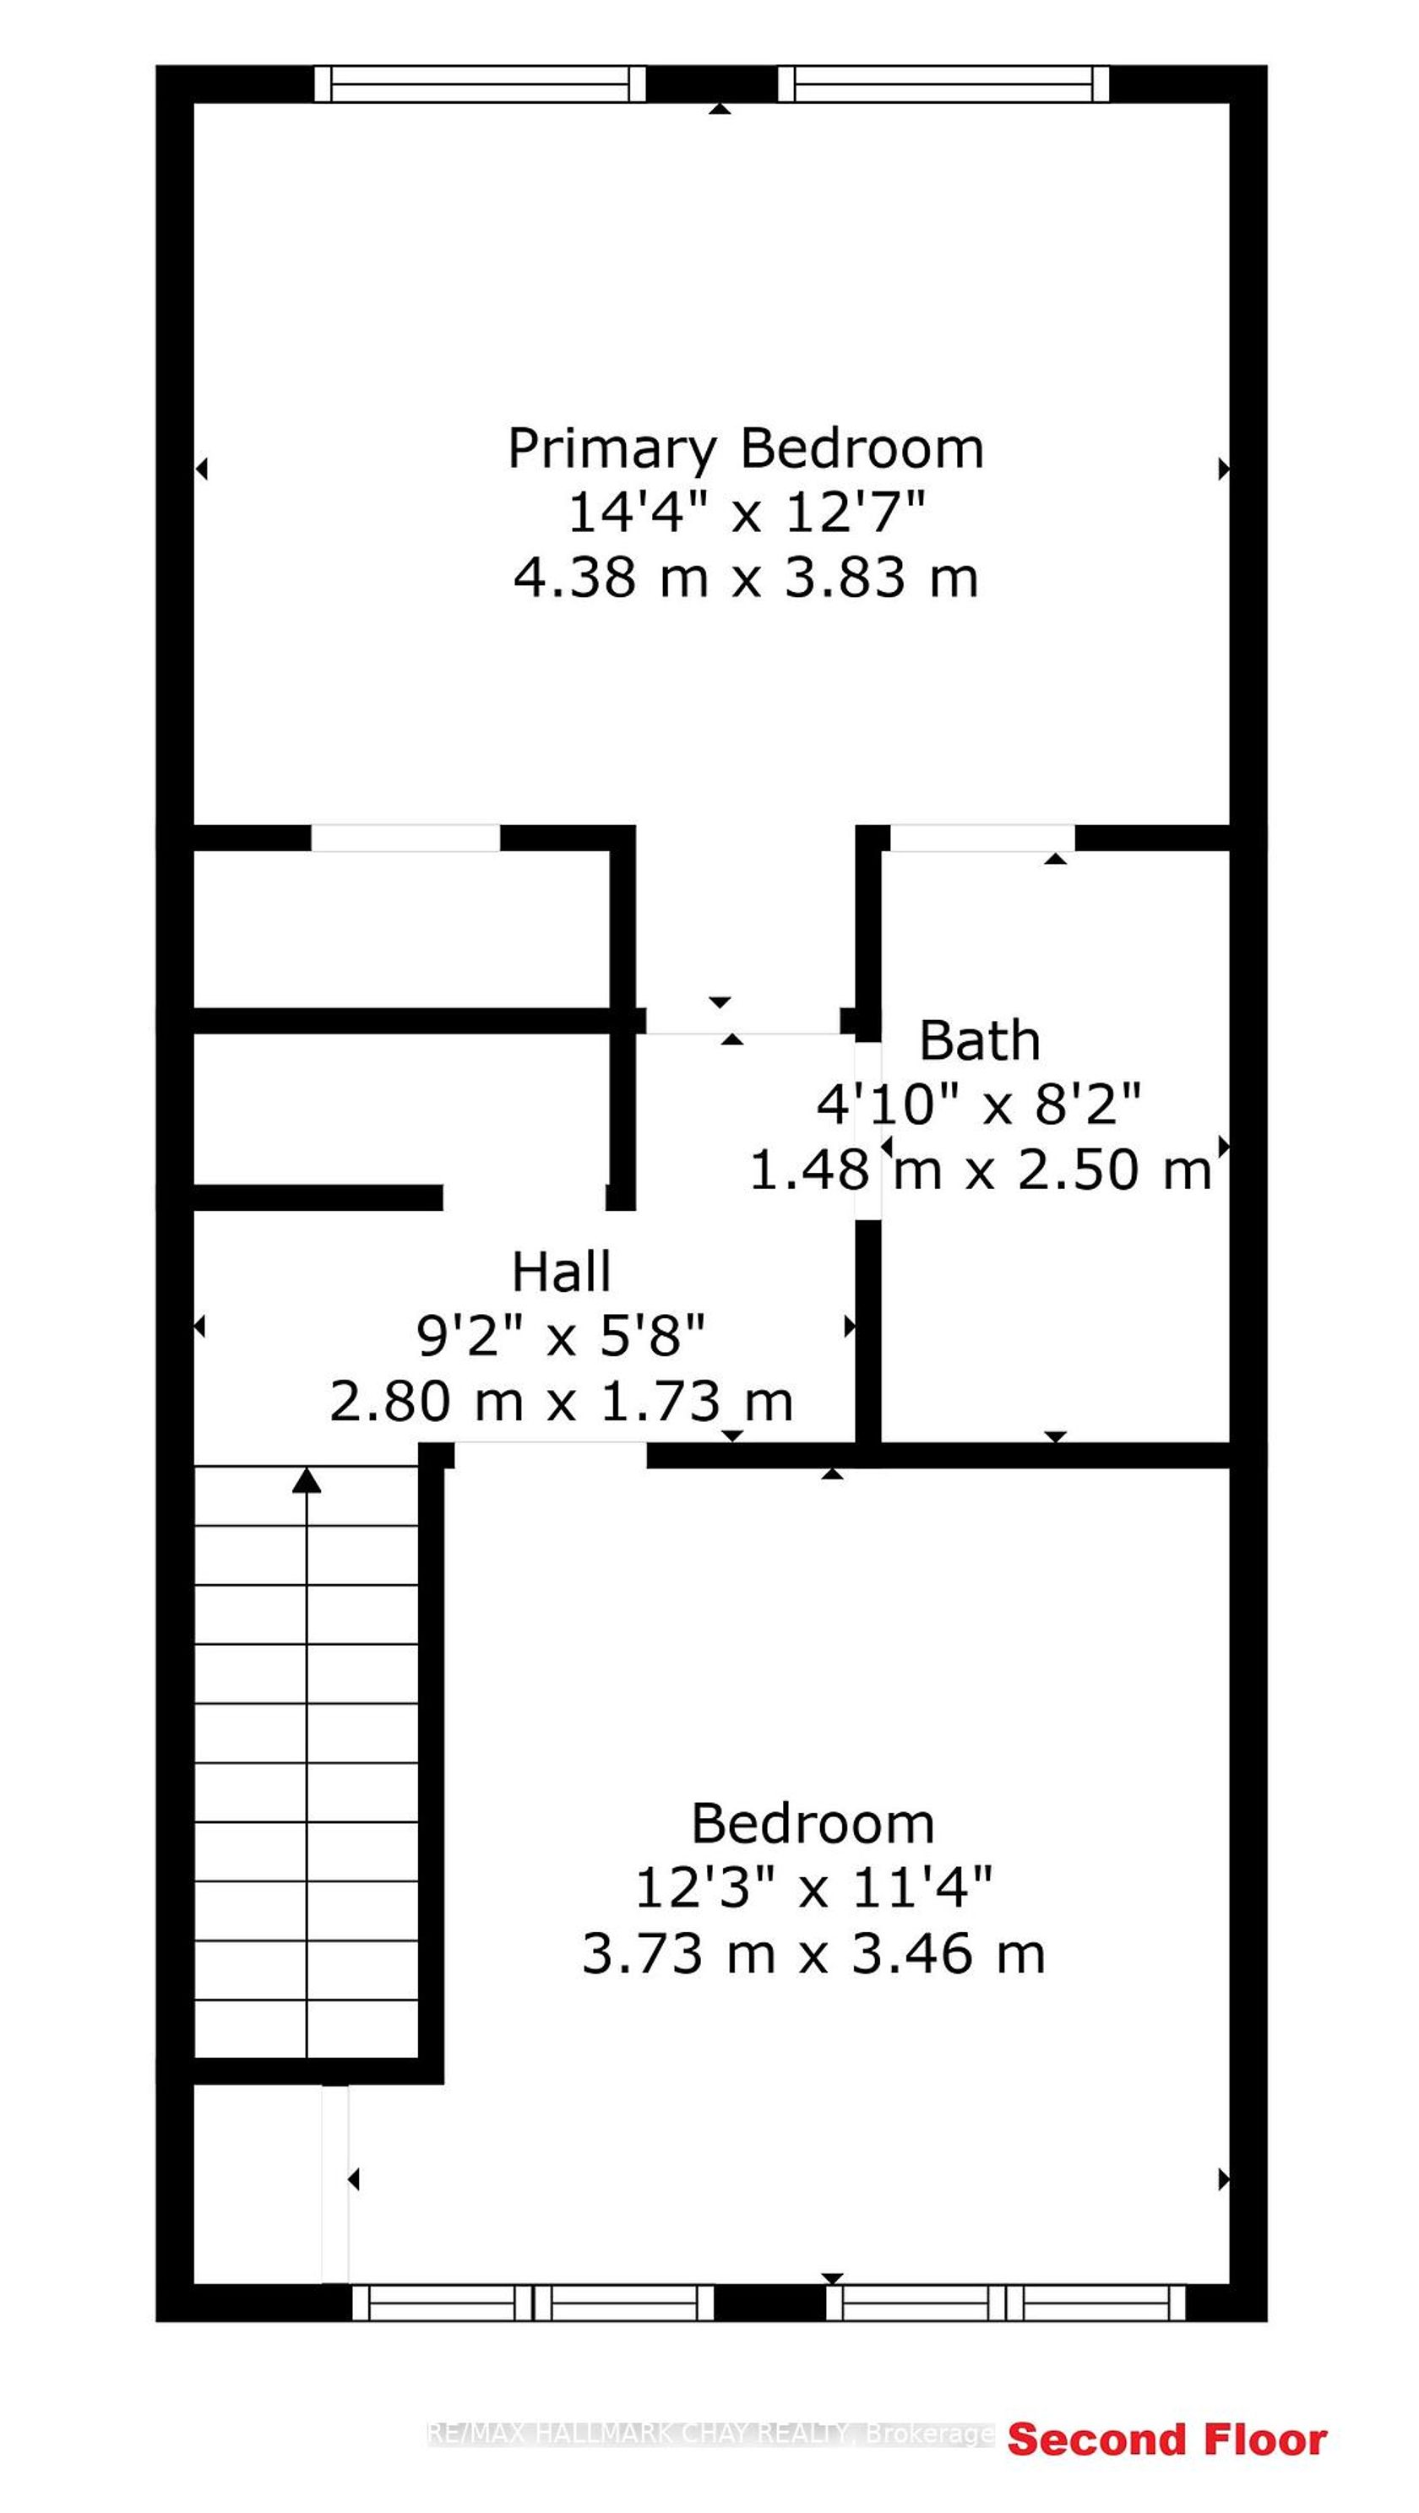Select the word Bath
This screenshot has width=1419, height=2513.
point(980,1041)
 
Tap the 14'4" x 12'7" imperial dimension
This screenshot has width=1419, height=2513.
point(746,513)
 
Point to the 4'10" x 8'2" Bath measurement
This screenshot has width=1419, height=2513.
point(979,1105)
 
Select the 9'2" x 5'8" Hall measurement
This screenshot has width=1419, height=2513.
point(561,1337)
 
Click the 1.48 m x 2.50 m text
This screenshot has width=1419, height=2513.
point(980,1170)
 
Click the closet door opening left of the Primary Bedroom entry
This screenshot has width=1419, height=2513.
point(406,838)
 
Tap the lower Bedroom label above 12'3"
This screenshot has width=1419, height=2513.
point(813,1823)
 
